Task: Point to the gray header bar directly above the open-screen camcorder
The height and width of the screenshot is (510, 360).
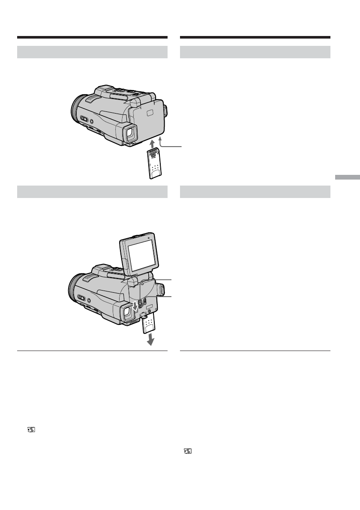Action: (x=92, y=192)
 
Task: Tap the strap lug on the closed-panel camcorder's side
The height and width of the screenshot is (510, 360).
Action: (x=166, y=112)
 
